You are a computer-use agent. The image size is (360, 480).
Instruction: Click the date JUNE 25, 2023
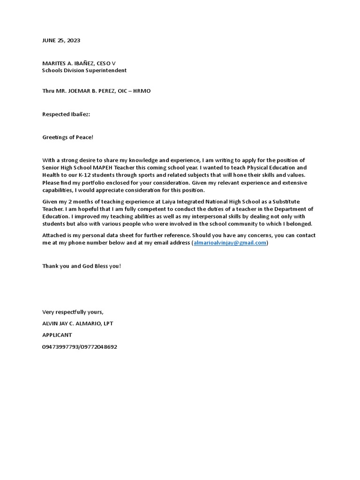pyautogui.click(x=61, y=40)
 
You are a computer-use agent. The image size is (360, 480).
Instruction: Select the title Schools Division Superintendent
pyautogui.click(x=84, y=70)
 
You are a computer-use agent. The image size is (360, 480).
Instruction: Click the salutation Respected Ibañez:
pyautogui.click(x=66, y=114)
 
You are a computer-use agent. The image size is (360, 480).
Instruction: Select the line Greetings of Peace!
pyautogui.click(x=68, y=137)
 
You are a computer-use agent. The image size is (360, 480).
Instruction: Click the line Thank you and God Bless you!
pyautogui.click(x=82, y=266)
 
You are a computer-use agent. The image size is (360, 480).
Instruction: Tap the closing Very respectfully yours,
pyautogui.click(x=73, y=312)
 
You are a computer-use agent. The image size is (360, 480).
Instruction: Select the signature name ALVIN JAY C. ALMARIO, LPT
pyautogui.click(x=77, y=323)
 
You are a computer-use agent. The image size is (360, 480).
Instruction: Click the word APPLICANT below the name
pyautogui.click(x=57, y=335)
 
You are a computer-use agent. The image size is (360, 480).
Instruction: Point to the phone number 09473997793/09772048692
pyautogui.click(x=80, y=347)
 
